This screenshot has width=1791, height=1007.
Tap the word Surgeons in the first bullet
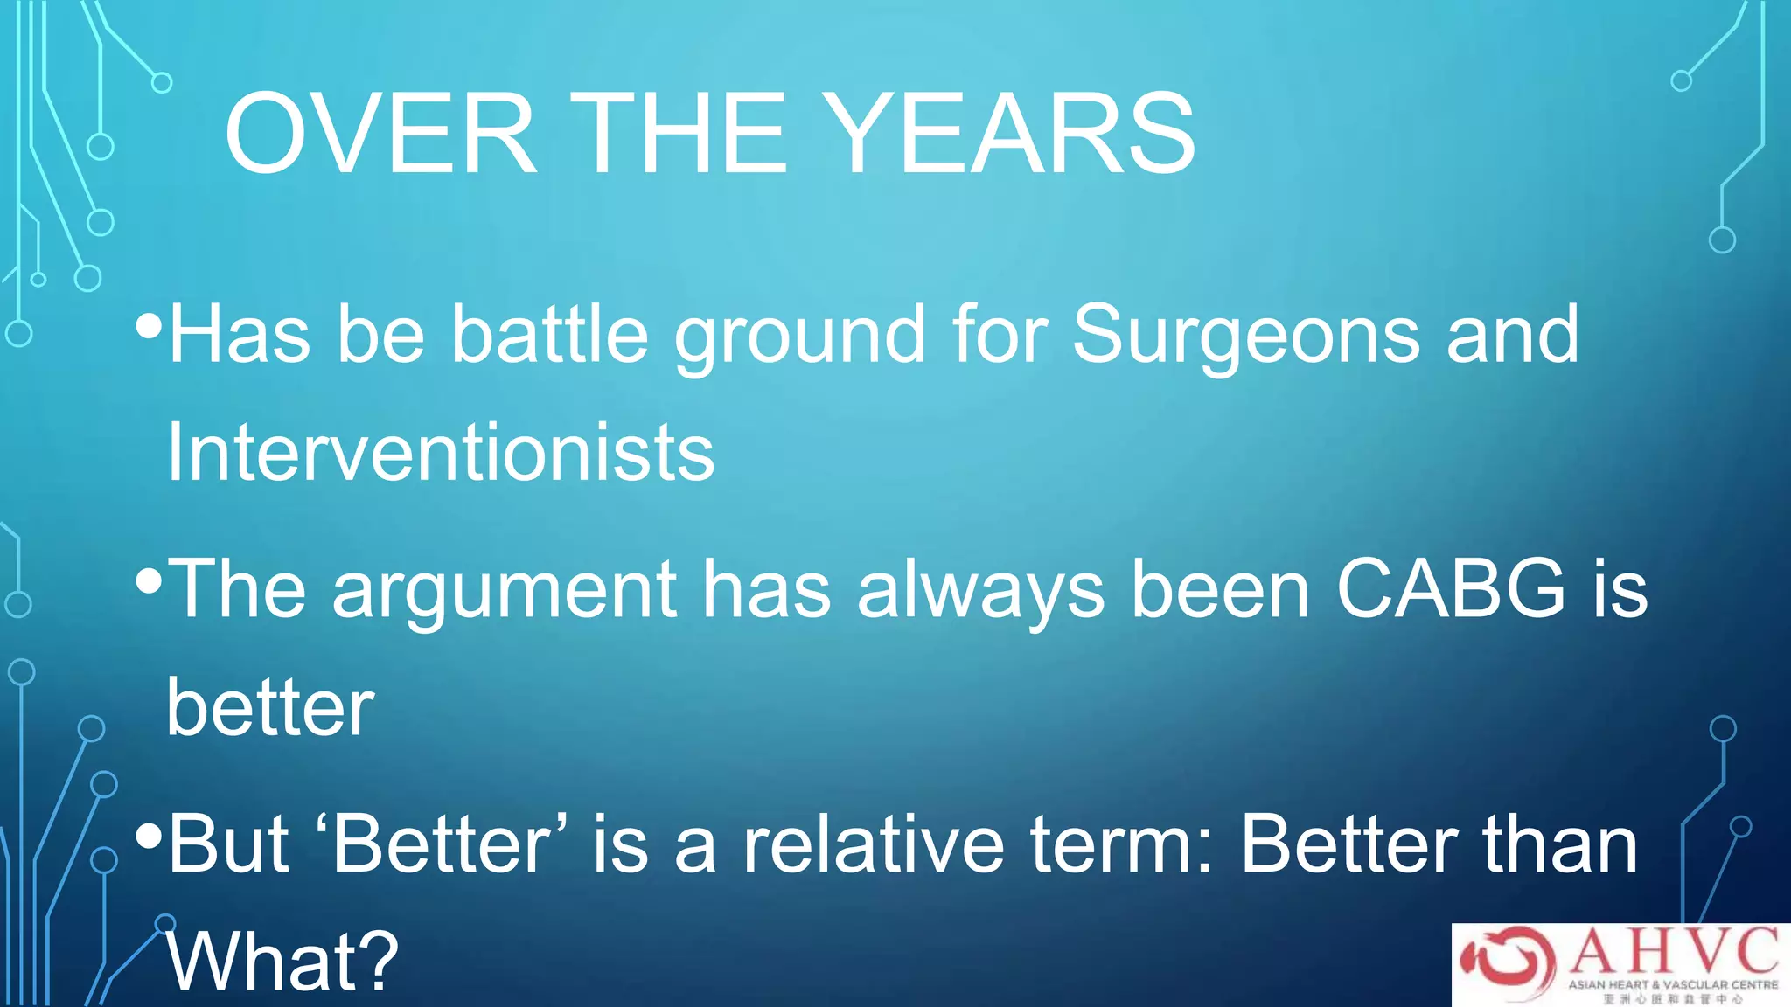point(1245,336)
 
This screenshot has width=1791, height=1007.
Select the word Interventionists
point(441,453)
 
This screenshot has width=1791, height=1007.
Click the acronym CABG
point(1452,589)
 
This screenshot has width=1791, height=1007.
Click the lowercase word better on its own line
point(270,707)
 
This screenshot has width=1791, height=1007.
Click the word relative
point(874,844)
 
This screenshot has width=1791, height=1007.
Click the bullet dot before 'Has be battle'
point(150,327)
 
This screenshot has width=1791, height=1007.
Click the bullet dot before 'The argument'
point(150,581)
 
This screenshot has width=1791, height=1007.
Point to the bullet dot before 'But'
point(150,837)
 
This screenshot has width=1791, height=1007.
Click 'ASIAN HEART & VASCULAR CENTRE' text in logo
point(1673,984)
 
